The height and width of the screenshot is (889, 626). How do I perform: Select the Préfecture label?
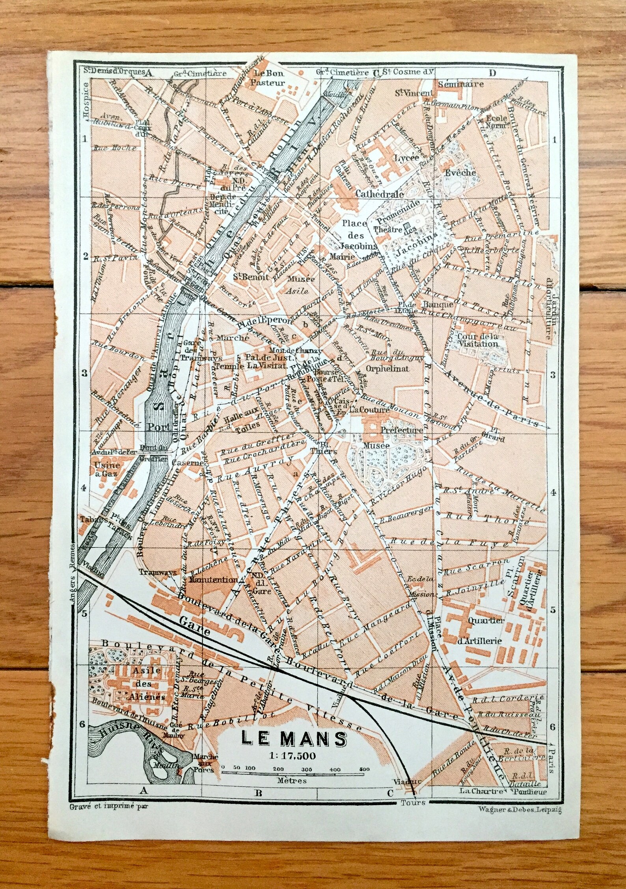[401, 430]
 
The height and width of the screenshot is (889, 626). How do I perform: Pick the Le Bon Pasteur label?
[269, 78]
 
